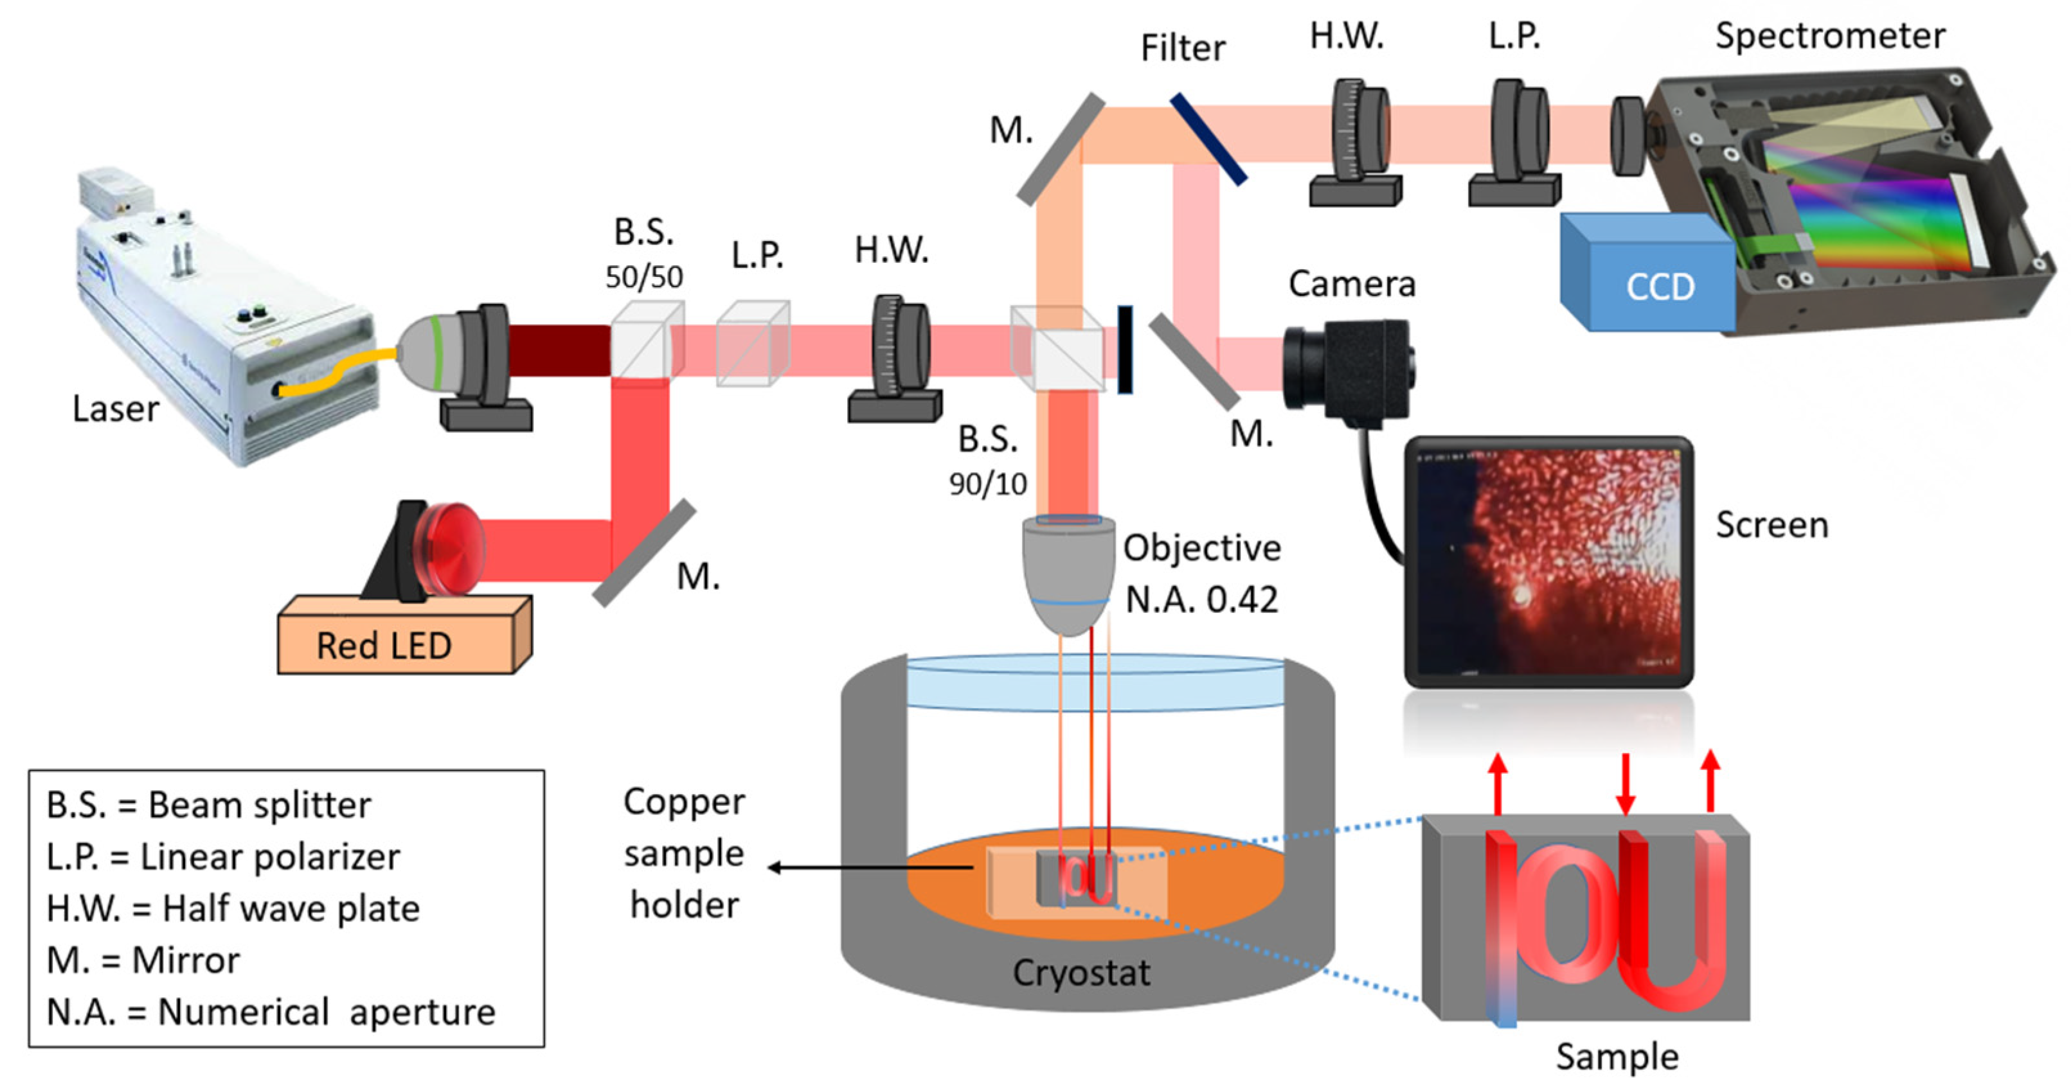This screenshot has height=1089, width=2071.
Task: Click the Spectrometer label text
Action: [1830, 35]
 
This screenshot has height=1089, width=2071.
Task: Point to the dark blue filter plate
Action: [1208, 138]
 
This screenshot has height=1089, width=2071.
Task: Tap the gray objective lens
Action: [1068, 572]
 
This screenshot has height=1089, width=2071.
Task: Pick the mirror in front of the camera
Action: [1193, 361]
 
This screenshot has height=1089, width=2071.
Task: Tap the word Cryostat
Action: [1080, 973]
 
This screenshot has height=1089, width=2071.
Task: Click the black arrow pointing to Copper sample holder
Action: [868, 867]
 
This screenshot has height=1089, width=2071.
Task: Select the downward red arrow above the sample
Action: [1625, 784]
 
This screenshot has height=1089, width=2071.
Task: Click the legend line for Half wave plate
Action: [233, 908]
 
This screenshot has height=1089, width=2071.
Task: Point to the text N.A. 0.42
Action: [1201, 599]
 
